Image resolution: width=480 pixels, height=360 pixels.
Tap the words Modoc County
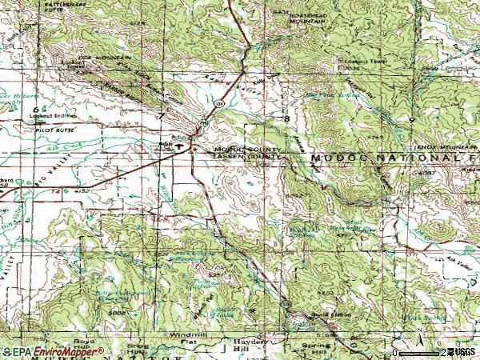tap(246, 150)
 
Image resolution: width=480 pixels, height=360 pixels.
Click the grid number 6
tap(35, 106)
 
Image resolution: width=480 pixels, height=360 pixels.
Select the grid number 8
tap(286, 118)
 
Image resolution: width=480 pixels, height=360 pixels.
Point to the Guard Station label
tap(335, 314)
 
